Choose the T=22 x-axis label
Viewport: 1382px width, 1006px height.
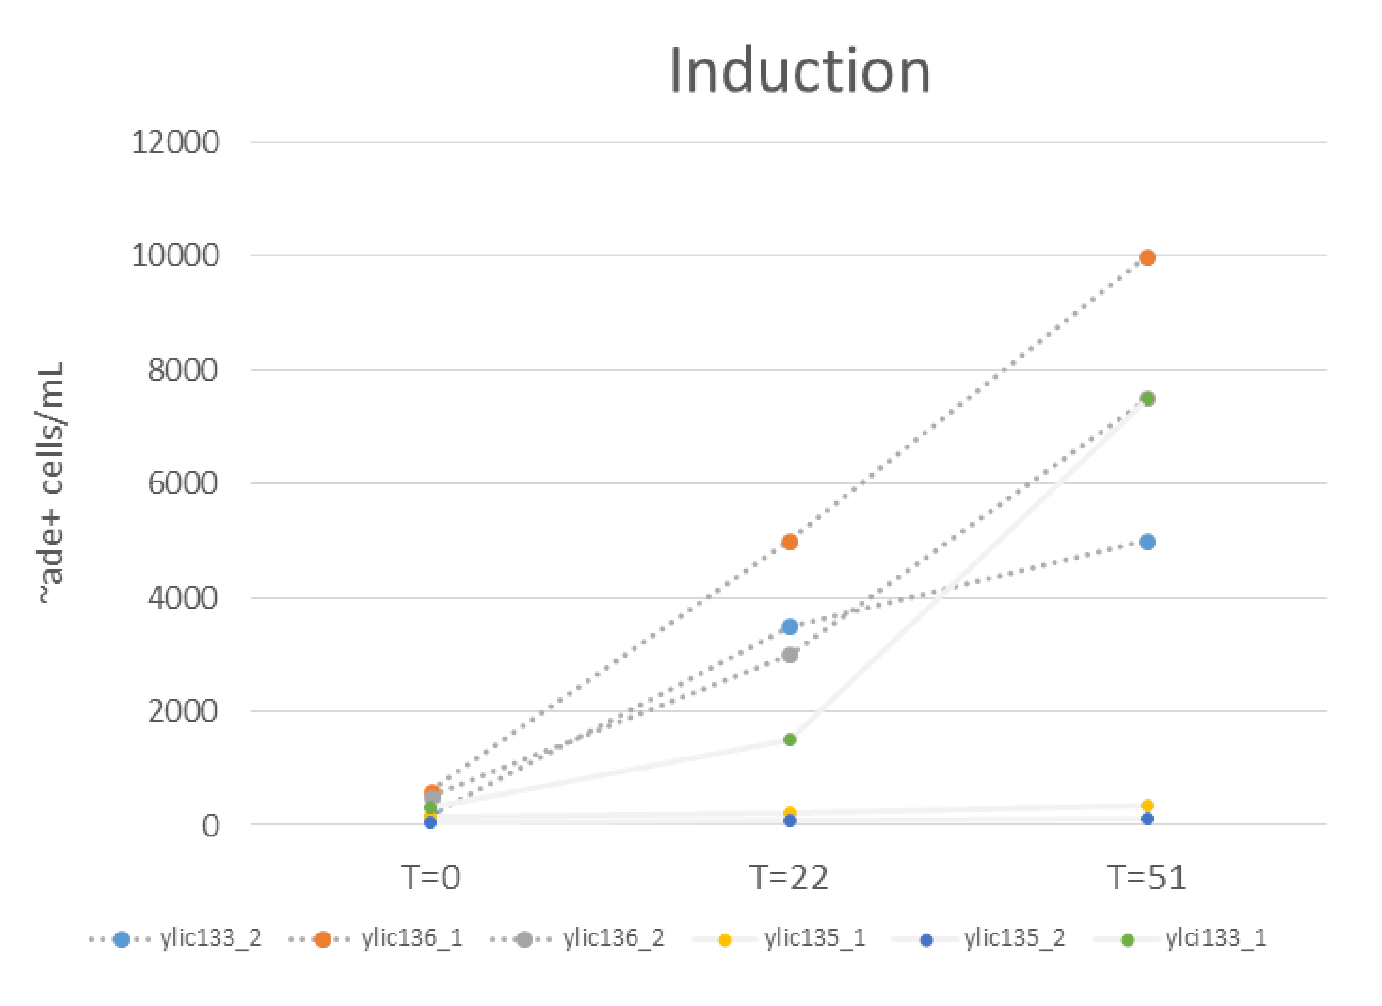coord(789,878)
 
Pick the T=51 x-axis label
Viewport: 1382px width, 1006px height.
coord(1147,878)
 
